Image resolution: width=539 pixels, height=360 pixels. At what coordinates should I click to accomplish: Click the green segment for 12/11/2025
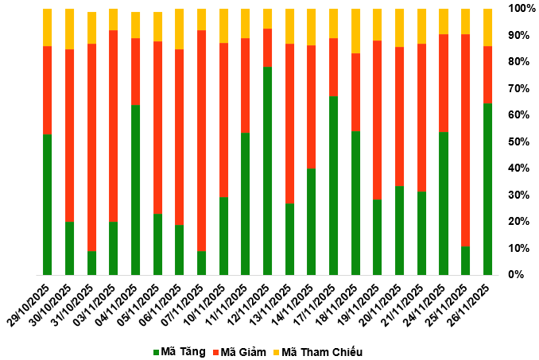click(x=268, y=170)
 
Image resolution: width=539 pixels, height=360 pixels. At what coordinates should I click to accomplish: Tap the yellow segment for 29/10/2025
click(x=48, y=27)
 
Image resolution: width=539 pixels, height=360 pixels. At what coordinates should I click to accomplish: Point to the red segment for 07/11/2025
click(x=202, y=140)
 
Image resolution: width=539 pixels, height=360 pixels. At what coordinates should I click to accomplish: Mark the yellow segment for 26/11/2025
click(x=487, y=27)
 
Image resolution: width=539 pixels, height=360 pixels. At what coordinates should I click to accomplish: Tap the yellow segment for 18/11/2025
click(x=355, y=31)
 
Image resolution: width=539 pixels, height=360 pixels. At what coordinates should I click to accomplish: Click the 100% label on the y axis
click(x=522, y=8)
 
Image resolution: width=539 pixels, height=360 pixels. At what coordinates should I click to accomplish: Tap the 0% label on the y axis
click(x=517, y=274)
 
